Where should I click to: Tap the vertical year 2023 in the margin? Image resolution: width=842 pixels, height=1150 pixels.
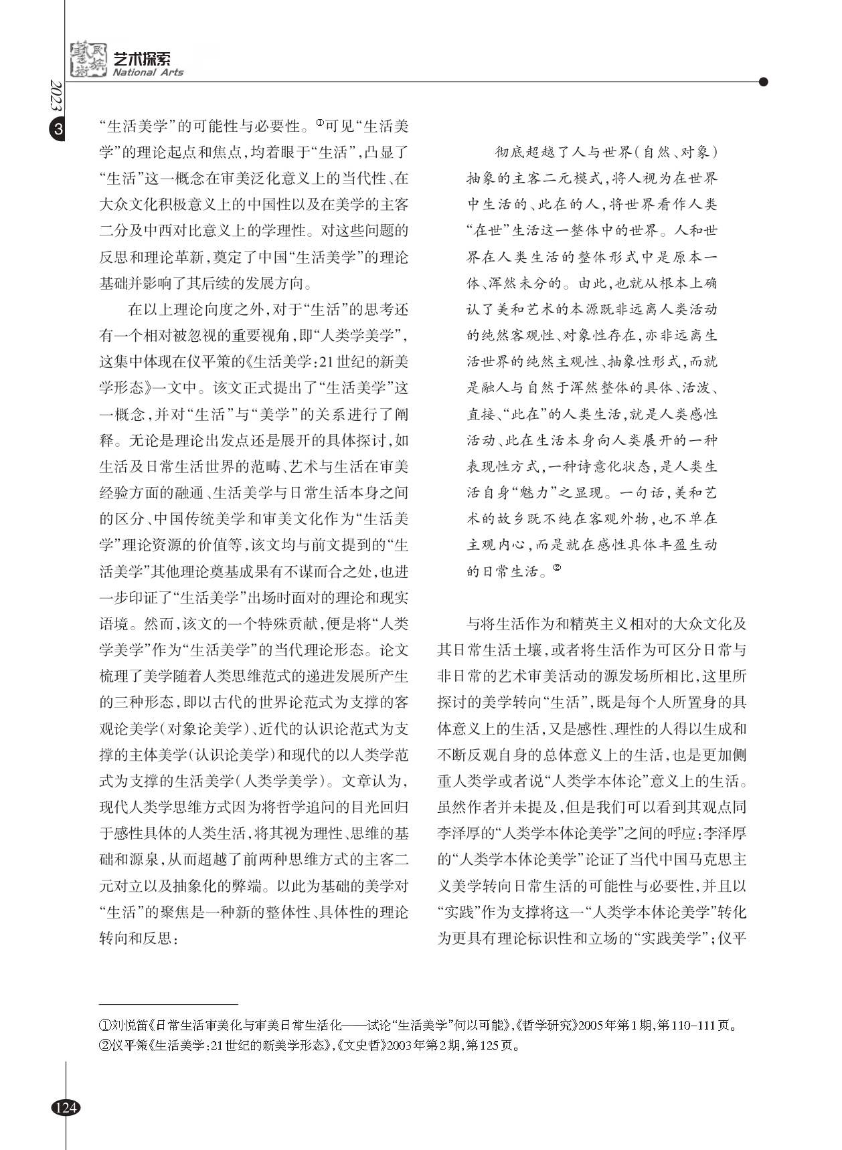pos(56,99)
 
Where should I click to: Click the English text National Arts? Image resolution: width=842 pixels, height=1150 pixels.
pos(148,72)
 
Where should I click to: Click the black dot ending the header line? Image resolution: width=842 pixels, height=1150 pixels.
pos(763,82)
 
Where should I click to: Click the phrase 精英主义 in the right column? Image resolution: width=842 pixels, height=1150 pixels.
pos(614,624)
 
